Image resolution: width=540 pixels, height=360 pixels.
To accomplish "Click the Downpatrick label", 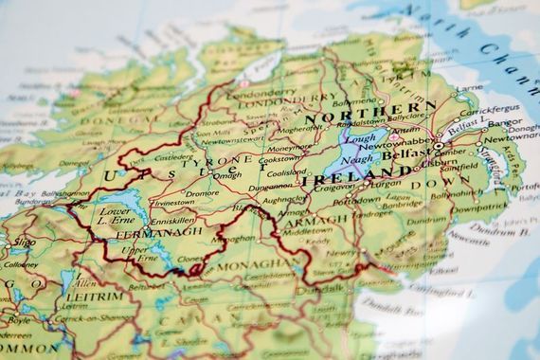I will (479, 207).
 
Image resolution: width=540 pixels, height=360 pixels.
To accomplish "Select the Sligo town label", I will (23, 243).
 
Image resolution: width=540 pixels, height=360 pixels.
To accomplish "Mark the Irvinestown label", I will (176, 202).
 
